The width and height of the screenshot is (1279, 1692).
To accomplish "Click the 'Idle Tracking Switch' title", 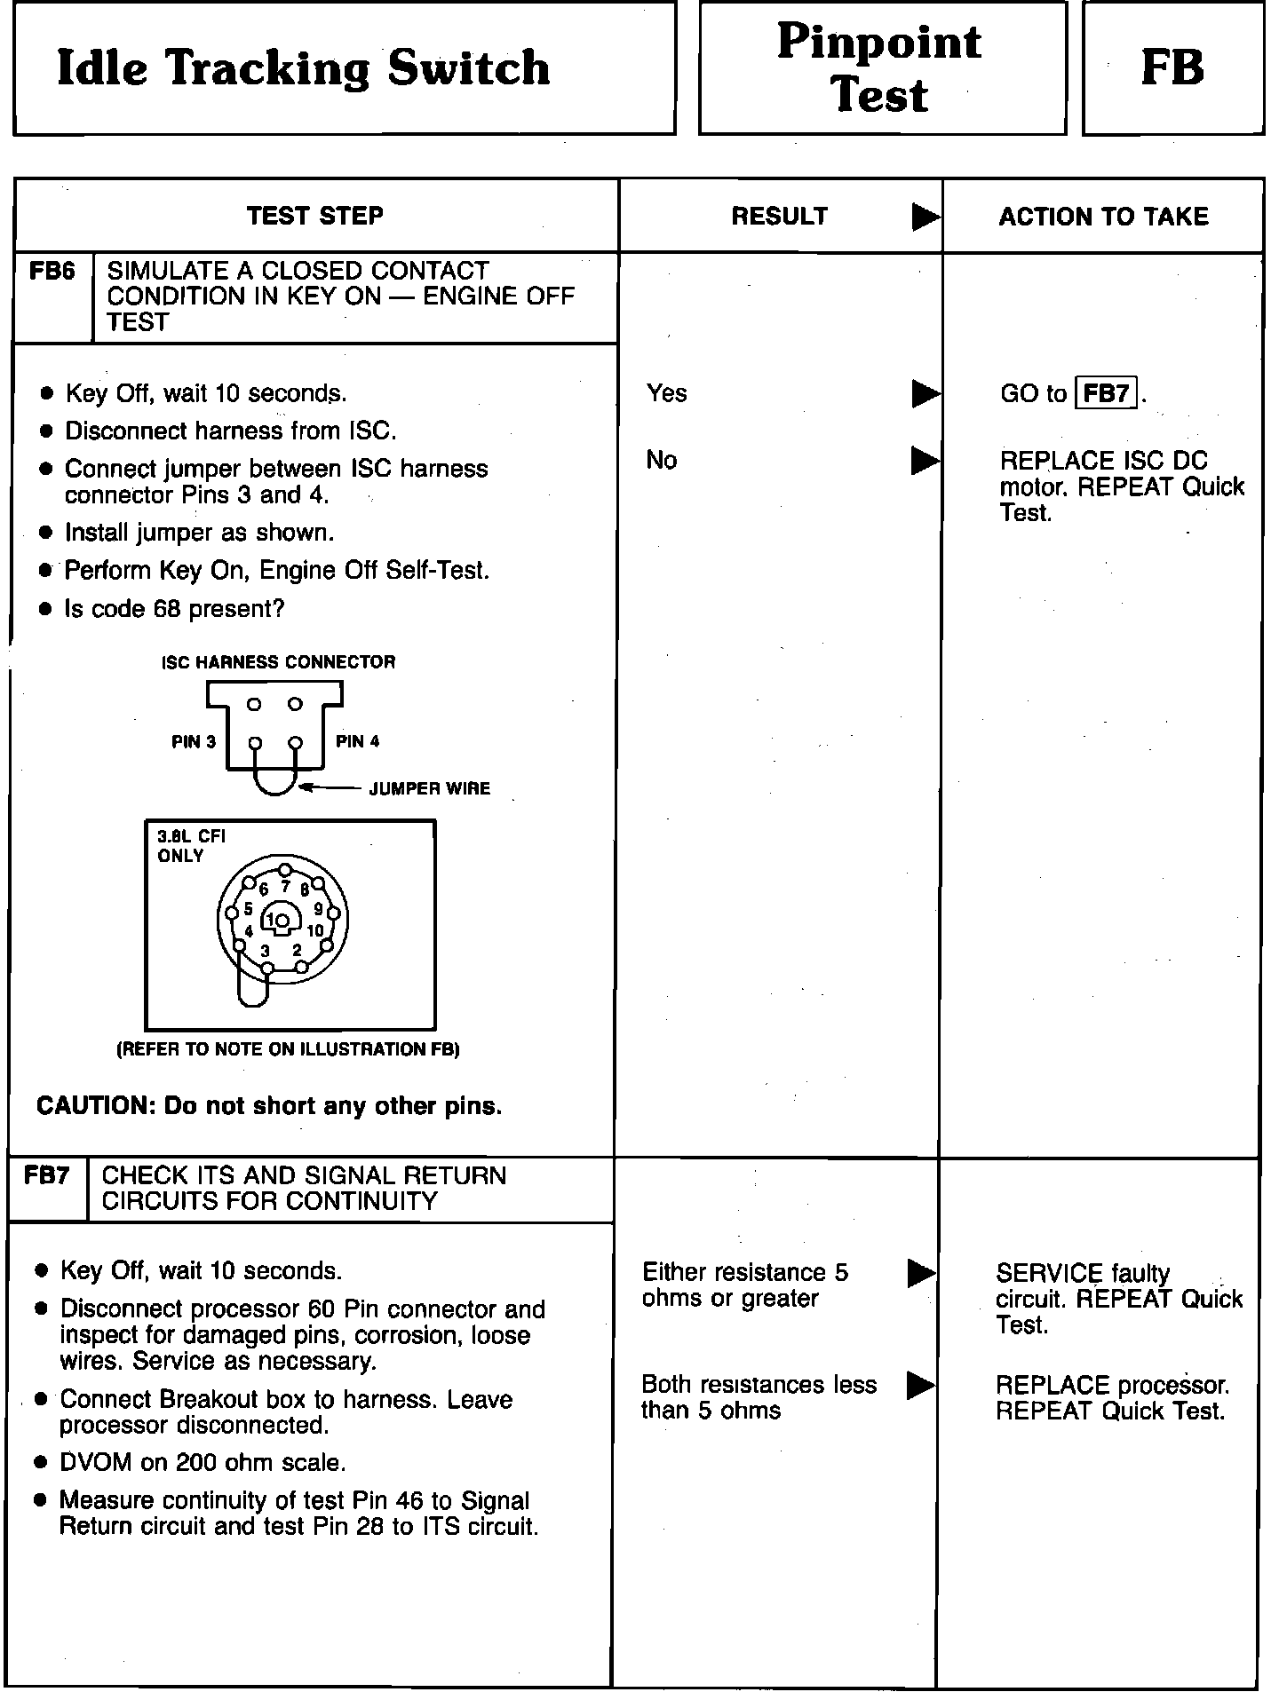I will coord(303,68).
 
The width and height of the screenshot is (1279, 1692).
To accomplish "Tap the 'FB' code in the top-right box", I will coord(1172,68).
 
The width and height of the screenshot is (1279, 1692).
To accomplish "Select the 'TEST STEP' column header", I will coord(315,216).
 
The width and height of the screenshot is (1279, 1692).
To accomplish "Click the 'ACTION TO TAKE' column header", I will coord(1103,217).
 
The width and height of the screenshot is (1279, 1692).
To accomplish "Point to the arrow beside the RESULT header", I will coord(925,217).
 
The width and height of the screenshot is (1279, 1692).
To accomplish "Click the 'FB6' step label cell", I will coord(52,272).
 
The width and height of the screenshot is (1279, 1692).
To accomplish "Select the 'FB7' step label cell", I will coord(47,1176).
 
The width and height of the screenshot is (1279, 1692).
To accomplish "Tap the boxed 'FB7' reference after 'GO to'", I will coord(1106,393).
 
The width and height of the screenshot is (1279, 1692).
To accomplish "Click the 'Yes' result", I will coord(666,393).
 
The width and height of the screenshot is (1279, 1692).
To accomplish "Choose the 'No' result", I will coord(661,460).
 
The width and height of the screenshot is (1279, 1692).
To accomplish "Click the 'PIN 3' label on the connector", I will coord(194,742).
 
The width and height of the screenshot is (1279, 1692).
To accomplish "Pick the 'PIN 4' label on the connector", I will coord(357,741).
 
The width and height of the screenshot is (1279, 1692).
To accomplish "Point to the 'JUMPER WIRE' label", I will coord(429,788).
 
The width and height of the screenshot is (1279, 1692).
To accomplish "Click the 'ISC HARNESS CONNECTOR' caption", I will coord(278,662).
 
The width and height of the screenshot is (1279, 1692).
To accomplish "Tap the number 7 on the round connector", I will coord(285,886).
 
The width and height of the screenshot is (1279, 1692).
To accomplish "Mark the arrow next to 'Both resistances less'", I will coord(920,1385).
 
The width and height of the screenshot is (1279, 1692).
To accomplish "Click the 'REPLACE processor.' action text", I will coord(1112,1385).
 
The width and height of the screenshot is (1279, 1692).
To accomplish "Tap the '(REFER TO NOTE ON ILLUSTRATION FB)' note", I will coord(288,1049).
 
